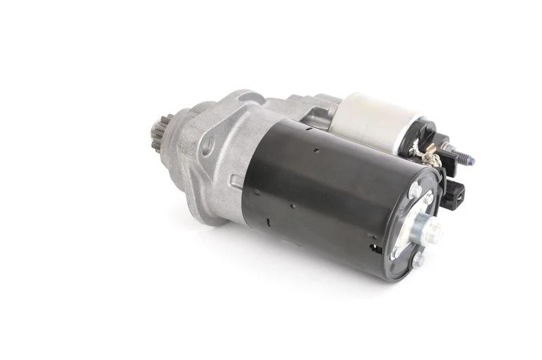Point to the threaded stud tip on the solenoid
tap(468, 161)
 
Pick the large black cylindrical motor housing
tap(318, 190)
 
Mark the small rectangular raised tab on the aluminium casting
tap(235, 181)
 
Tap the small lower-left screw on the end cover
tap(395, 252)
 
